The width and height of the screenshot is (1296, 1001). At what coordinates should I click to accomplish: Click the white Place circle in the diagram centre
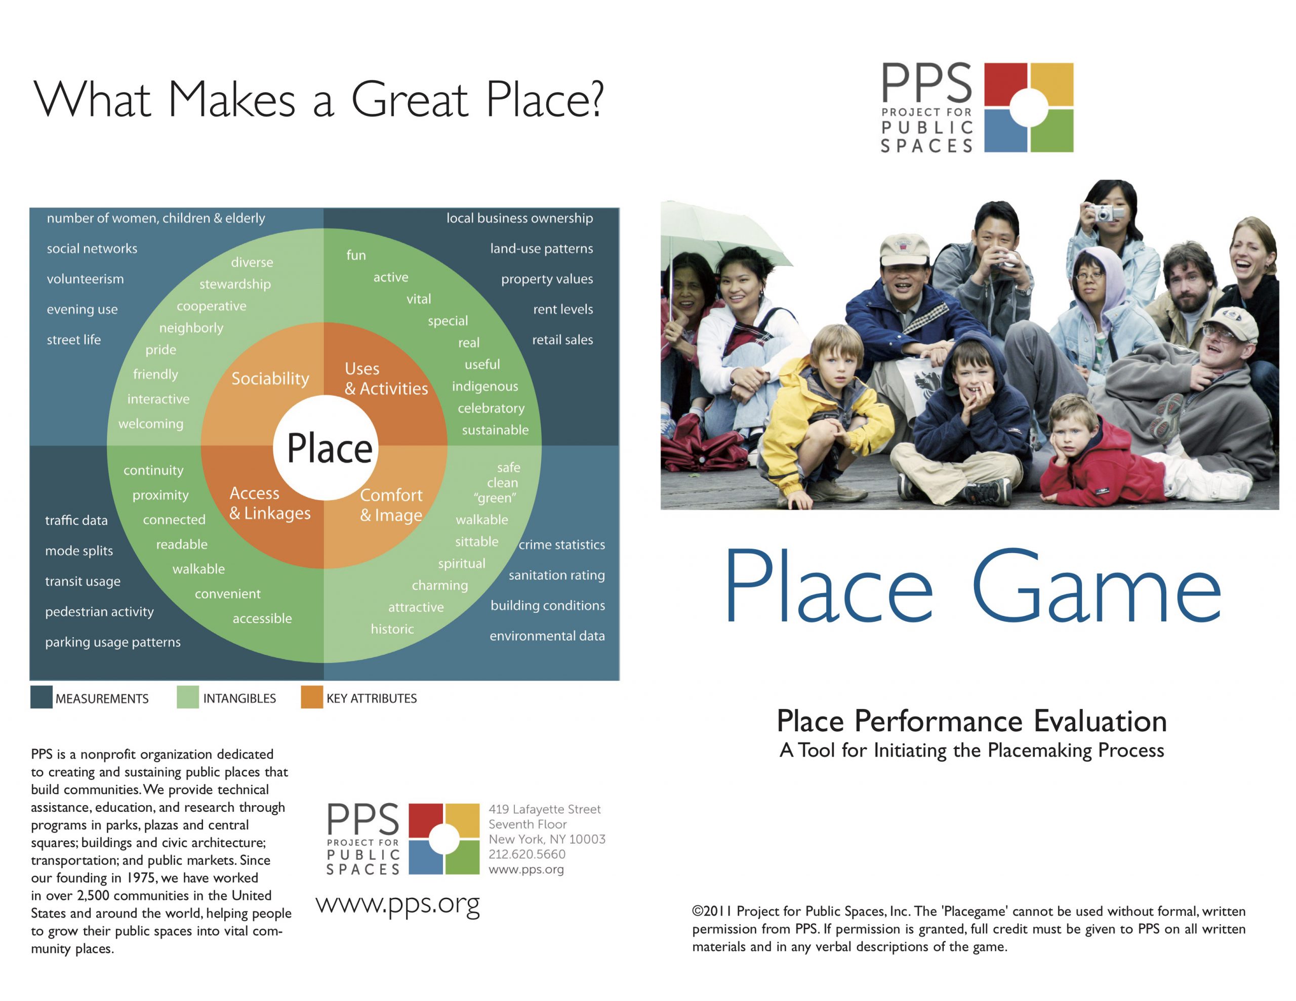(325, 447)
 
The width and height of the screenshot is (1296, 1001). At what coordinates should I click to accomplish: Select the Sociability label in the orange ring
(270, 379)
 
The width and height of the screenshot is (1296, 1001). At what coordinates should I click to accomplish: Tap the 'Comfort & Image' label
(391, 505)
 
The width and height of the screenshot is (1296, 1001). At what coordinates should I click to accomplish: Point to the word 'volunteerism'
(86, 279)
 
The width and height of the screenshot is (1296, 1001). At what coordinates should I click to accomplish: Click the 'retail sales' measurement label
(562, 340)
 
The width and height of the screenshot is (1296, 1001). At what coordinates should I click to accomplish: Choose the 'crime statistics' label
(561, 545)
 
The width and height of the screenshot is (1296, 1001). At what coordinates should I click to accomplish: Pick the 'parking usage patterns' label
(113, 642)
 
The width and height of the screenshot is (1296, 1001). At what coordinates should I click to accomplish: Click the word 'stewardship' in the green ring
(235, 284)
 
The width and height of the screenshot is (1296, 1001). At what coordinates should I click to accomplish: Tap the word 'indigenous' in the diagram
(485, 386)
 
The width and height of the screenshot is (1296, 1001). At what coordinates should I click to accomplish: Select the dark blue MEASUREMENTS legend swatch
(41, 697)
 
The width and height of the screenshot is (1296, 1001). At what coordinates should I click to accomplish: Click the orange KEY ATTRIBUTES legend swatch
(311, 697)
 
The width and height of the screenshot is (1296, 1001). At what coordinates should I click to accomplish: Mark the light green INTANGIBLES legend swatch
(187, 697)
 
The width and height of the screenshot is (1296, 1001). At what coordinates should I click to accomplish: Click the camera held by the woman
(1103, 213)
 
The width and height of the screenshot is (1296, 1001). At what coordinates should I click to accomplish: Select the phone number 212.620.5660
(527, 854)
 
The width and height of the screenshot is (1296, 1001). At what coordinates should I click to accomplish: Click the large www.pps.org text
(397, 904)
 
